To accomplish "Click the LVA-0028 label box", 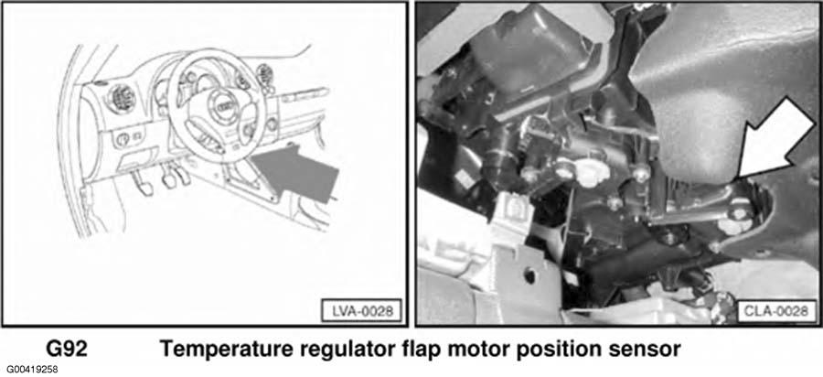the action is tap(361, 310).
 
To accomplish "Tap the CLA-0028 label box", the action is tap(776, 311).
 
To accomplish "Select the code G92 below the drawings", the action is tap(66, 350).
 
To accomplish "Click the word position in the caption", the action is tap(560, 350).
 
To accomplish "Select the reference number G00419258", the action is tap(33, 369).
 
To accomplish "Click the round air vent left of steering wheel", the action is tap(122, 98).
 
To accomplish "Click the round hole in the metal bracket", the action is tap(529, 275).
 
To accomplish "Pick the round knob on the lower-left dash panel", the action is tap(122, 139).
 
